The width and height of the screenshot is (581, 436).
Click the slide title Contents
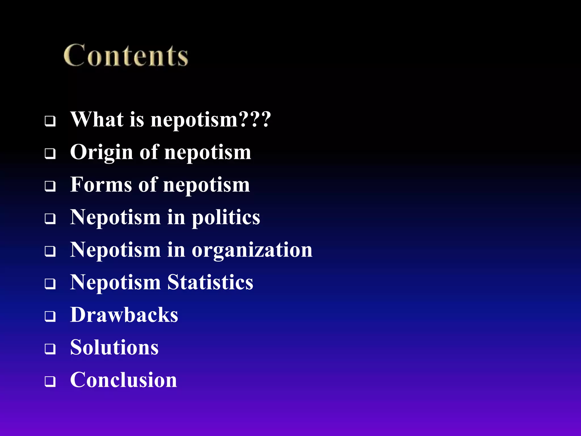coord(126,55)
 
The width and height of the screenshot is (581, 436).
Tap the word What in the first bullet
coord(97,119)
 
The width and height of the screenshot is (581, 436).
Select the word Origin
coord(101,152)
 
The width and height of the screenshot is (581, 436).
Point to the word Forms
coord(101,185)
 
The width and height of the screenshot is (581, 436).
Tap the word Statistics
coord(210,282)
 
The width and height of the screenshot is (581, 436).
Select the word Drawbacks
coord(124,315)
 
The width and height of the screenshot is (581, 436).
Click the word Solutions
coord(114,347)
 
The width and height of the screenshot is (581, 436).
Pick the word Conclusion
coord(123,380)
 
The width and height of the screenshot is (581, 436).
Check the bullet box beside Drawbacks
coord(50,316)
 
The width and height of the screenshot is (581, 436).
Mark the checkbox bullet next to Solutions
coord(50,349)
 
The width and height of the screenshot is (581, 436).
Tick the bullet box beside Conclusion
coord(50,381)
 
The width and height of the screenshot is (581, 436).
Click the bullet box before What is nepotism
coord(50,121)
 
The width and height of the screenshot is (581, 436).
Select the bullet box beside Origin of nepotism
coord(50,154)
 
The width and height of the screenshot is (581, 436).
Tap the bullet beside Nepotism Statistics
coord(50,284)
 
